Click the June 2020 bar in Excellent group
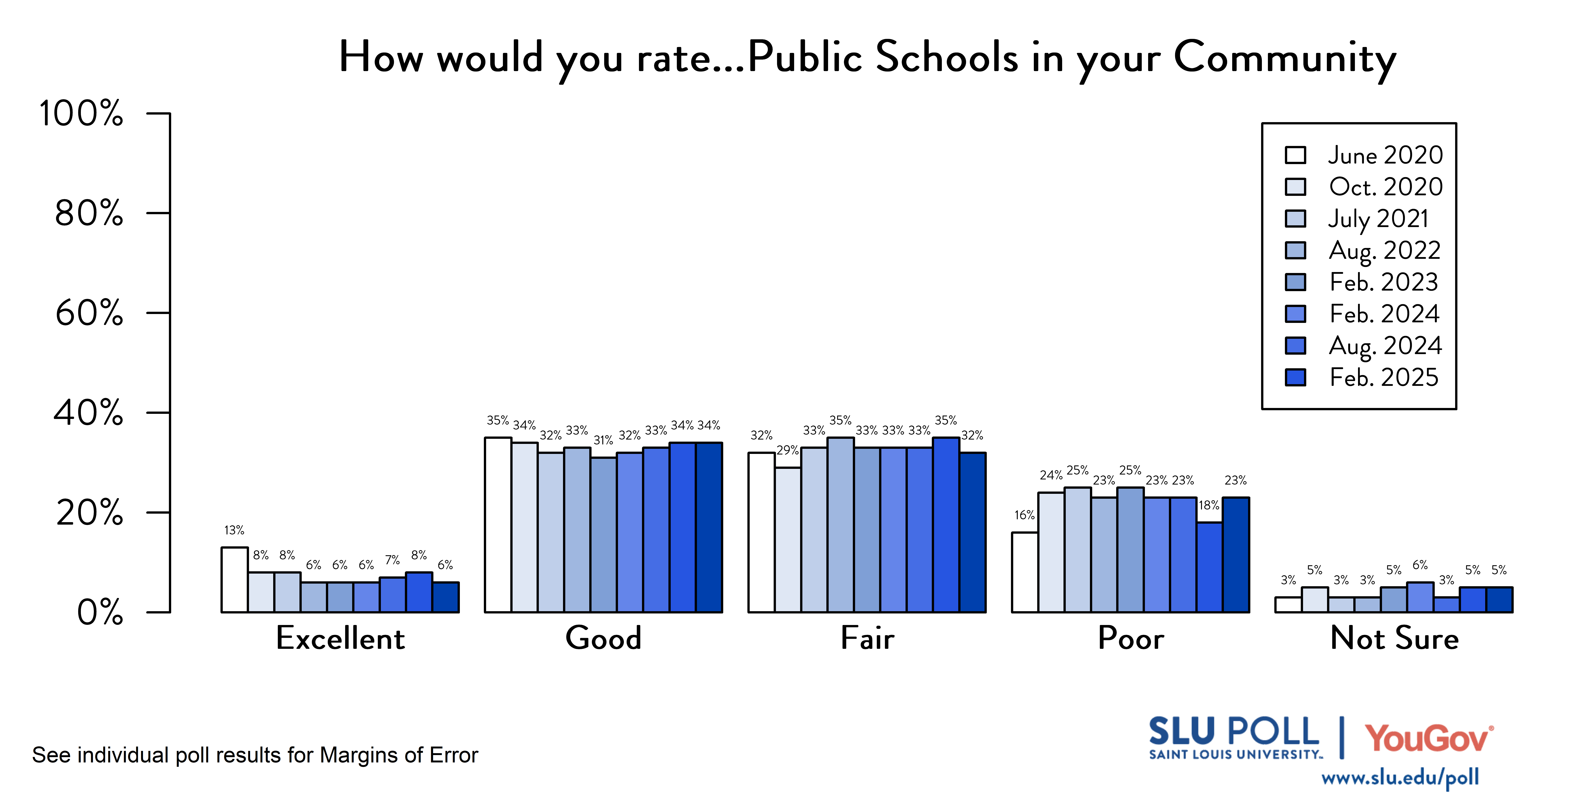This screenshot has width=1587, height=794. (234, 579)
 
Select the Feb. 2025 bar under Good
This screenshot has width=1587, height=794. (709, 527)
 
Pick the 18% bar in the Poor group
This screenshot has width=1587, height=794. (1209, 567)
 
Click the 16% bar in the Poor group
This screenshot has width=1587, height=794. (1025, 572)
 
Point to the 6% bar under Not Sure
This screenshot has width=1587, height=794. (1420, 597)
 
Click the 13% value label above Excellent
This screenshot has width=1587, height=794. (234, 530)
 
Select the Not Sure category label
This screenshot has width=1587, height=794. (1394, 638)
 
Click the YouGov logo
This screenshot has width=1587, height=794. (1428, 738)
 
